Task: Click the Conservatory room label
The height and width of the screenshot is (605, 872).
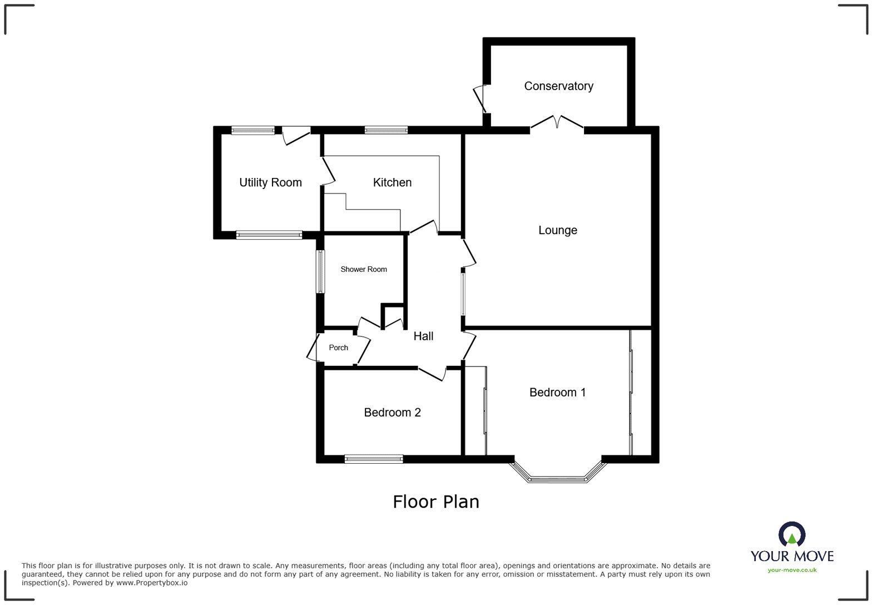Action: click(558, 86)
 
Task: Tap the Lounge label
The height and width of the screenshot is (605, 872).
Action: click(557, 230)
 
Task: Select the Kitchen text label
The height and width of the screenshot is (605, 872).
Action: click(392, 182)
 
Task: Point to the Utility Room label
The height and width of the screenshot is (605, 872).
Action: click(270, 182)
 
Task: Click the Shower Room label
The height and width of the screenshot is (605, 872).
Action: click(364, 269)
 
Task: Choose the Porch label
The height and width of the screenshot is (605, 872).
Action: click(338, 348)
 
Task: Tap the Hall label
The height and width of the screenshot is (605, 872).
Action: click(423, 336)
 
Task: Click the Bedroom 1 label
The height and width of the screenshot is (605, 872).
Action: click(557, 393)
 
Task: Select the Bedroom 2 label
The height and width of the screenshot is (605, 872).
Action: click(392, 413)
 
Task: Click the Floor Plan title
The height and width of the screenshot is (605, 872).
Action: click(436, 502)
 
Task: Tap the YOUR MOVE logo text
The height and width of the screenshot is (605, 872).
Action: click(792, 556)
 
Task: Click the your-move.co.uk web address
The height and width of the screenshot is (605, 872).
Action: click(792, 570)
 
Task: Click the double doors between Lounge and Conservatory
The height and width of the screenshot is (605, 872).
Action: click(557, 122)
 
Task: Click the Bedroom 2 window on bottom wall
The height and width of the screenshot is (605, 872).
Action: click(374, 459)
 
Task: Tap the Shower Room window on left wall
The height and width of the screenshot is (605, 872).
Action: click(320, 271)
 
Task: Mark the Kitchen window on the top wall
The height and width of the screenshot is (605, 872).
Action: click(386, 130)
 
